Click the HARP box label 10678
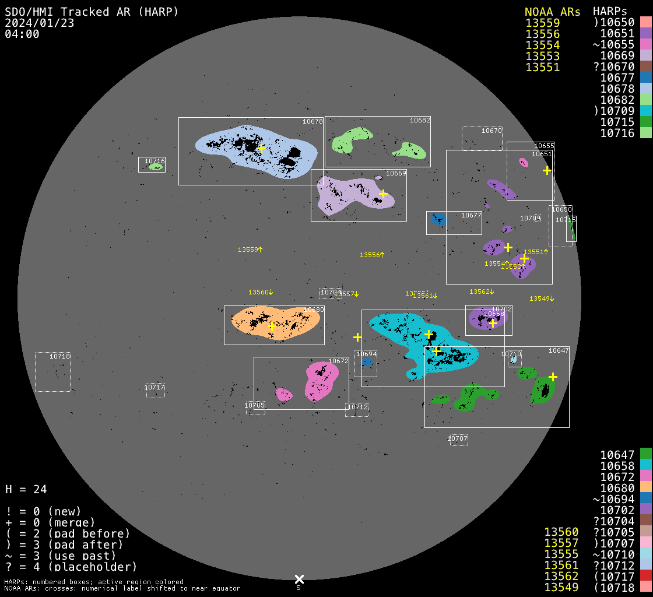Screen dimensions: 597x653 point(313,121)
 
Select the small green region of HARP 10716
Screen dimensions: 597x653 point(156,167)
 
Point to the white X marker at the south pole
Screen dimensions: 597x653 point(299,579)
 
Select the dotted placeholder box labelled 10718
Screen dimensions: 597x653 point(52,372)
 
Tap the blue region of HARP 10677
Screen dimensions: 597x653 point(438,219)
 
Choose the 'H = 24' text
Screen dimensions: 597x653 point(26,489)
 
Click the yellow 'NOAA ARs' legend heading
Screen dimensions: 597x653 point(552,12)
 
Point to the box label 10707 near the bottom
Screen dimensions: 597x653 point(458,438)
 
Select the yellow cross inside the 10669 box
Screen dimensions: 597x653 point(383,194)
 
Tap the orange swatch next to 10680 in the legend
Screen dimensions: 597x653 point(645,487)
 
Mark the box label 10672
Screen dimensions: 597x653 point(338,361)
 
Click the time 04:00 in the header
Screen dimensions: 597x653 point(22,34)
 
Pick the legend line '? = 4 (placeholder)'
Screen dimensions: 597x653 point(71,567)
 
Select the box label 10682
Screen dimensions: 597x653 point(420,120)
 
